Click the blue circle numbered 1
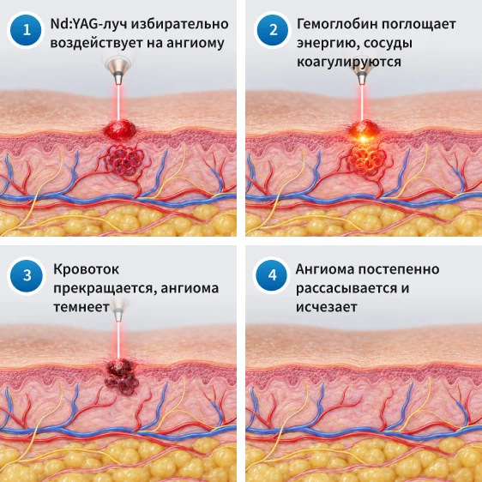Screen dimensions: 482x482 click(26, 30)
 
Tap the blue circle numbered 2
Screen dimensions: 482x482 click(273, 30)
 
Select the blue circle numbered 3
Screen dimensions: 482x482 click(27, 275)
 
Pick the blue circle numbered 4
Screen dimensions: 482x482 click(271, 275)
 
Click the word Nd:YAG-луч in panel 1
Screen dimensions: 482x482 click(88, 24)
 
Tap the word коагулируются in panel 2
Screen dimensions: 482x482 click(349, 62)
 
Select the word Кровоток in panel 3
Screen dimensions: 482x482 click(87, 269)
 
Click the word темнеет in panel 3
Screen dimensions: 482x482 click(81, 307)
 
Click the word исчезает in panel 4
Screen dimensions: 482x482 click(327, 307)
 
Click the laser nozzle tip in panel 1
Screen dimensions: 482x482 click(118, 83)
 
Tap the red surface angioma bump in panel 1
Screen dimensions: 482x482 click(120, 130)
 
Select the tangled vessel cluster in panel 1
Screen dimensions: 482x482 click(124, 161)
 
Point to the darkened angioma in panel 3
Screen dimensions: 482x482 click(122, 377)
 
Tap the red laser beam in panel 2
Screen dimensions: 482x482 click(363, 103)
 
